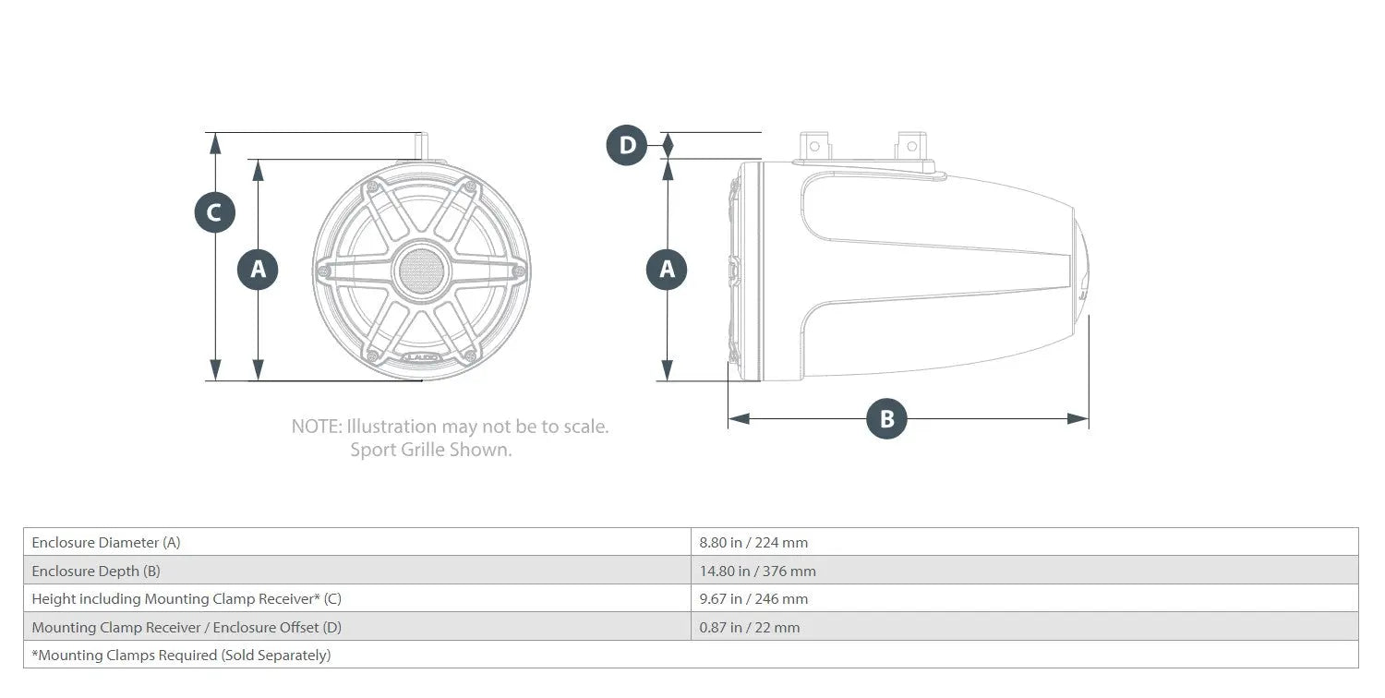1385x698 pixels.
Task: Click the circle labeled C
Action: pos(214,212)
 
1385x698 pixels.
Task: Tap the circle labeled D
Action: pos(626,145)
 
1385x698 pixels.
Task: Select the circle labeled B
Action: pos(886,418)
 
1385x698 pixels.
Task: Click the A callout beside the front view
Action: pos(258,269)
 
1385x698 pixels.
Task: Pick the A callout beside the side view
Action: pos(667,269)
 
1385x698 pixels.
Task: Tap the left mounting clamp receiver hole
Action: pos(814,147)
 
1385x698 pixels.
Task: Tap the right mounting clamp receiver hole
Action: pos(911,147)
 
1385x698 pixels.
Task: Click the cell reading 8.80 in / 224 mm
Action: pos(753,542)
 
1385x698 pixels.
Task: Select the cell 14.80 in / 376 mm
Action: pos(757,571)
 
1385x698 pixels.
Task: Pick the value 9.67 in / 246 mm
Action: pos(753,598)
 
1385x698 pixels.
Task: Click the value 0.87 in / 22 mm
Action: pos(750,627)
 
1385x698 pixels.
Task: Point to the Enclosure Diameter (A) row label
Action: pos(106,542)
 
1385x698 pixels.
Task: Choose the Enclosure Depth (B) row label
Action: pos(96,571)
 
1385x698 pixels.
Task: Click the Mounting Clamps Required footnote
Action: pos(181,655)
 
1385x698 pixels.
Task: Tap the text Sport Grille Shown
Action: pos(431,450)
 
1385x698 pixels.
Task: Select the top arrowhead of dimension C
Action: pos(214,143)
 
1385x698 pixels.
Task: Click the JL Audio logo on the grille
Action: pos(421,356)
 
